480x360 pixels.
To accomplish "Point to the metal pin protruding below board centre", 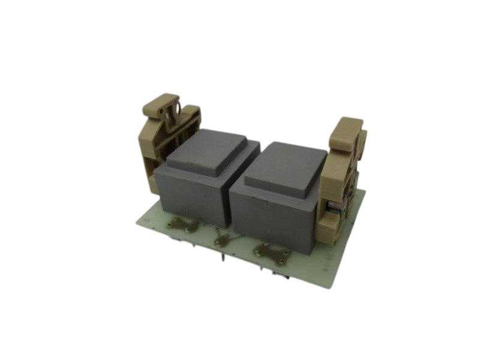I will tap(224, 259).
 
